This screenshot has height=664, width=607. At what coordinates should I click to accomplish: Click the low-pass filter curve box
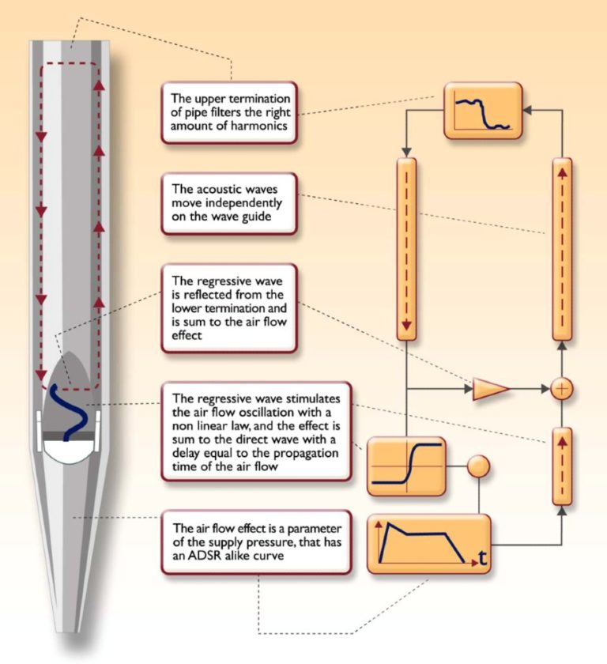(483, 111)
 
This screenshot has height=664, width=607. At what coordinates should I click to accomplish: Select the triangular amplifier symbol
(490, 389)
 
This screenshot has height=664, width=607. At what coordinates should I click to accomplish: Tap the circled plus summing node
(560, 389)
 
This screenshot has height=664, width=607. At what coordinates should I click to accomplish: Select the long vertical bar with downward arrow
(405, 248)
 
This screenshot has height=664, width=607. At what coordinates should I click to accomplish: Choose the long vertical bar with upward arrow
(560, 248)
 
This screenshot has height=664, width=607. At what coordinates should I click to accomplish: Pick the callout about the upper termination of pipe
(228, 111)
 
